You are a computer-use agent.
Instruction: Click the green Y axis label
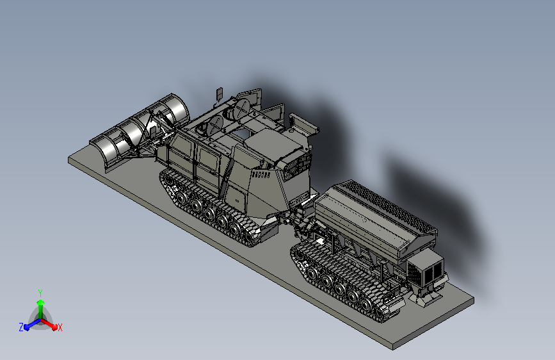pos(40,293)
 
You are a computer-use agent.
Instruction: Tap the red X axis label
pos(60,328)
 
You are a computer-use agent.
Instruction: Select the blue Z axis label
pos(21,327)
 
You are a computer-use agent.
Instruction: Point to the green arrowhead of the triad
pos(40,303)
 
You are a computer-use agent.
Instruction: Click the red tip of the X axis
pos(54,327)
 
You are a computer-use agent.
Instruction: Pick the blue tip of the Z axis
pos(26,327)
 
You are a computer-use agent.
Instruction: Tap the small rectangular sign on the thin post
pos(220,93)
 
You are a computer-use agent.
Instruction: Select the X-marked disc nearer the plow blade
pos(215,125)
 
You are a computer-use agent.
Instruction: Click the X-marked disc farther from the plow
pos(243,108)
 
